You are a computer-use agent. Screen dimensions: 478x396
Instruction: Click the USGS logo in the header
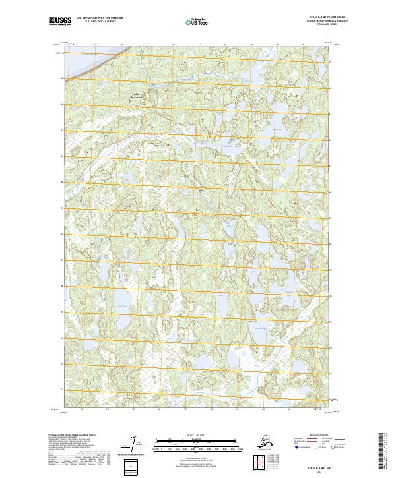(59, 22)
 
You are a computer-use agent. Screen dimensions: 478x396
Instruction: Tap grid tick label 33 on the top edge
(95, 45)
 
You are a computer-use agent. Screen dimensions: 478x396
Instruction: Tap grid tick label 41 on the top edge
(304, 45)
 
